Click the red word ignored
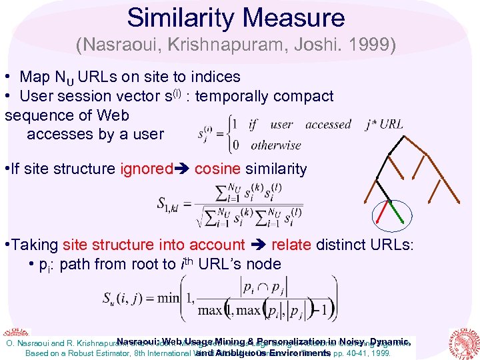click(x=146, y=169)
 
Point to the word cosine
click(x=221, y=169)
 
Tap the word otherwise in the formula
click(x=276, y=145)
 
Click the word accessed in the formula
click(x=328, y=125)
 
